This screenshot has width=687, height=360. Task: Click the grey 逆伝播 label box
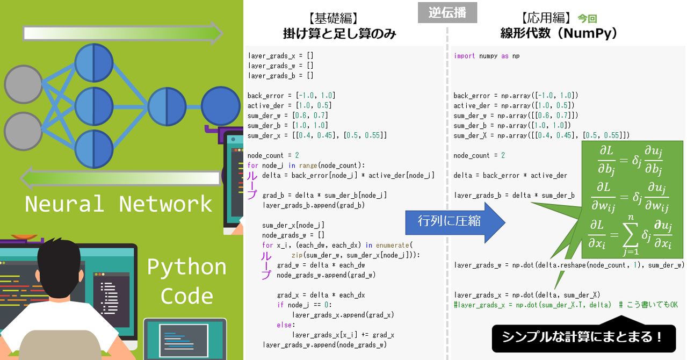pyautogui.click(x=447, y=13)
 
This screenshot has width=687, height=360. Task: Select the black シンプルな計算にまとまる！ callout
pyautogui.click(x=583, y=337)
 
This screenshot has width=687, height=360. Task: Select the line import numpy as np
pyautogui.click(x=487, y=56)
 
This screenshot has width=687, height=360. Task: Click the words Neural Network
pyautogui.click(x=119, y=204)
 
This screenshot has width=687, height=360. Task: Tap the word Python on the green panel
pyautogui.click(x=186, y=267)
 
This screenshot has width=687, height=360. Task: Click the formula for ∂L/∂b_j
pyautogui.click(x=631, y=160)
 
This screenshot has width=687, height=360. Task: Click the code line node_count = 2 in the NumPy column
pyautogui.click(x=479, y=155)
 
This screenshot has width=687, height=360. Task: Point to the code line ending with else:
pyautogui.click(x=286, y=325)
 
